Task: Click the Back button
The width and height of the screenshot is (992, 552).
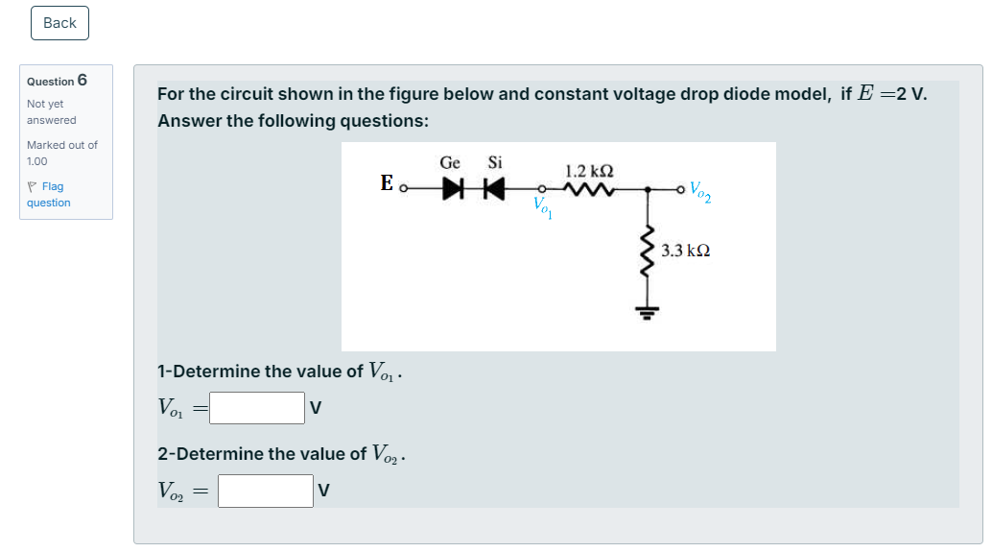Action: pyautogui.click(x=59, y=23)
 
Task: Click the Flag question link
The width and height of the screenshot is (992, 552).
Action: pyautogui.click(x=48, y=194)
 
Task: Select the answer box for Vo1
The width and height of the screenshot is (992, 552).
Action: pyautogui.click(x=257, y=408)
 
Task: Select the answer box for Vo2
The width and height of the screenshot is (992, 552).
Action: pyautogui.click(x=266, y=491)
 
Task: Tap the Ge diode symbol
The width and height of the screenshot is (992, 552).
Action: pyautogui.click(x=454, y=189)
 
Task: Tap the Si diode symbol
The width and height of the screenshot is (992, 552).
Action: pyautogui.click(x=493, y=189)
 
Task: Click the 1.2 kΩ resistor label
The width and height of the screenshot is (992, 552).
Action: pyautogui.click(x=589, y=171)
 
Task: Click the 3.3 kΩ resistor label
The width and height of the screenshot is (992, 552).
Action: pyautogui.click(x=686, y=251)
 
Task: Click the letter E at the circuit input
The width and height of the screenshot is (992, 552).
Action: pyautogui.click(x=386, y=181)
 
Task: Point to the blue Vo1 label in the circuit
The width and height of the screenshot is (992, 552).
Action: pyautogui.click(x=542, y=206)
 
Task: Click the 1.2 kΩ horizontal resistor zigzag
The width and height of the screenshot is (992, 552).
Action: pyautogui.click(x=589, y=189)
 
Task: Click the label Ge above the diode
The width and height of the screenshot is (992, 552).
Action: pyautogui.click(x=450, y=162)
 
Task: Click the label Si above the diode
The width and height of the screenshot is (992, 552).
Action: pyautogui.click(x=495, y=162)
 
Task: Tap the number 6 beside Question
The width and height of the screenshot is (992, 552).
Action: pyautogui.click(x=83, y=80)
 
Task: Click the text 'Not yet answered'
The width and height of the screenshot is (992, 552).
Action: pyautogui.click(x=51, y=111)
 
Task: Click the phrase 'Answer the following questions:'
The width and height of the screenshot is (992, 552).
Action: pyautogui.click(x=293, y=121)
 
